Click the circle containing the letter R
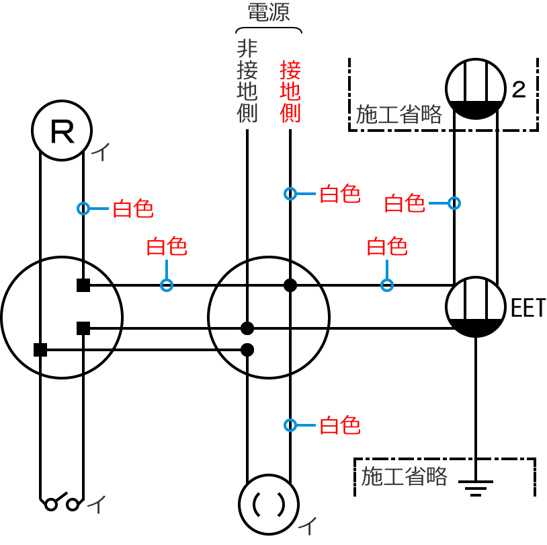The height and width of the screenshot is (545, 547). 62,131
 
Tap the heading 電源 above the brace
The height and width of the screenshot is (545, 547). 268,13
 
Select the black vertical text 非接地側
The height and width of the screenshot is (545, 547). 247,81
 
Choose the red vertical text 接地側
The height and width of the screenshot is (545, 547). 290,91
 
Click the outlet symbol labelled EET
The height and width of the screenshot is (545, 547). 476,307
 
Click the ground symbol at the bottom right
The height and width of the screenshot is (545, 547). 476,486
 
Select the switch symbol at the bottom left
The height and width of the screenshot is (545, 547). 62,502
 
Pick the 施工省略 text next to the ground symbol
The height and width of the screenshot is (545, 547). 404,476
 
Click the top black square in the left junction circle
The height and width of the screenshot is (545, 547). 83,285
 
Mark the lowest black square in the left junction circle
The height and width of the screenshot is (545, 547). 40,350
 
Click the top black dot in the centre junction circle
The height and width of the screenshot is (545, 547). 290,285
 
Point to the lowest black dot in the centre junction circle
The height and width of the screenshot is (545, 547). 247,350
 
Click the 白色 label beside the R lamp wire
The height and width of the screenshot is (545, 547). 132,209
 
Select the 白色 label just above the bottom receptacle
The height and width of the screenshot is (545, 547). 339,425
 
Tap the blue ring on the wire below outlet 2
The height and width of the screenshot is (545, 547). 454,203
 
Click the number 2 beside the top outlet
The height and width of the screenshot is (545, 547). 519,89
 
